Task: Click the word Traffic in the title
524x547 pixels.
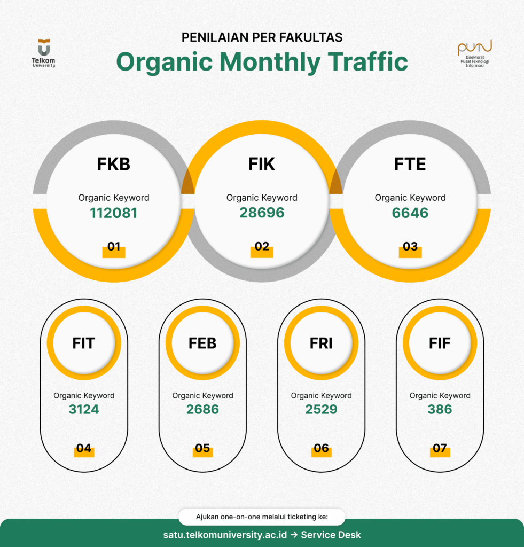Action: (x=368, y=62)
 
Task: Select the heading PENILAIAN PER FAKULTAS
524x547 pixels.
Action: (x=262, y=37)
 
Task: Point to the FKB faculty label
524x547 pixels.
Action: (x=113, y=164)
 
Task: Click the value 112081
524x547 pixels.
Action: (x=113, y=213)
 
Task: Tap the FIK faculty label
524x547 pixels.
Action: (x=262, y=164)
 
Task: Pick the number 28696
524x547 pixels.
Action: (x=262, y=213)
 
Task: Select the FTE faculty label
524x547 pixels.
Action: (x=410, y=164)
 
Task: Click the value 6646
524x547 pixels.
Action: (x=410, y=213)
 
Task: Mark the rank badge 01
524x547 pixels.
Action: (x=113, y=247)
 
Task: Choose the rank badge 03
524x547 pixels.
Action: (x=410, y=247)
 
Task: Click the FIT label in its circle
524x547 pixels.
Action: (x=84, y=343)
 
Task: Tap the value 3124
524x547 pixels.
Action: (x=84, y=410)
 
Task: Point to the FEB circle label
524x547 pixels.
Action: (x=202, y=343)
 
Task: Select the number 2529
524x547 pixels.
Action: (x=321, y=410)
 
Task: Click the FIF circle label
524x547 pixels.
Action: (x=440, y=343)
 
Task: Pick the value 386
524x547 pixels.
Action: (x=440, y=410)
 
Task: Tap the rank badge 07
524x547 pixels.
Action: (x=440, y=449)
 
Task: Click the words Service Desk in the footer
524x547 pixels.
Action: (x=331, y=535)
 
